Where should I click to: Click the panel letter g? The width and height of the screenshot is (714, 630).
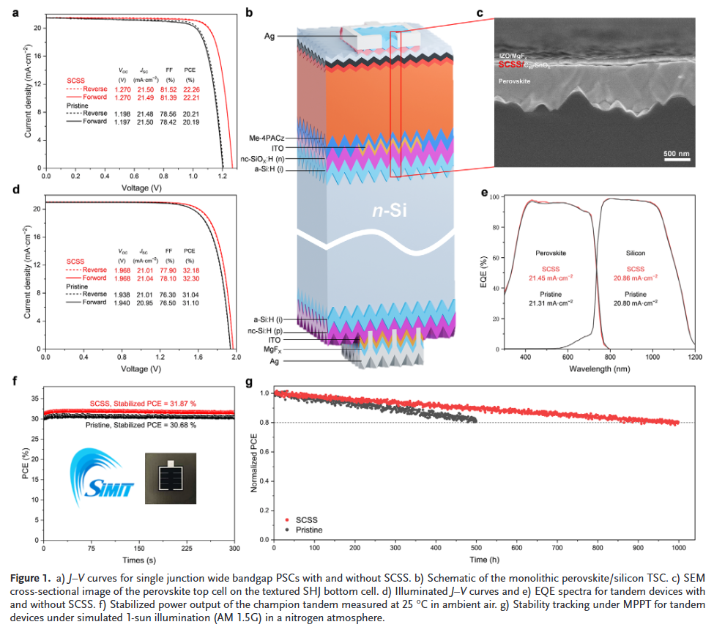[x=250, y=382]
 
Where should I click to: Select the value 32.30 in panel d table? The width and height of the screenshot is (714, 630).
[x=190, y=278]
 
